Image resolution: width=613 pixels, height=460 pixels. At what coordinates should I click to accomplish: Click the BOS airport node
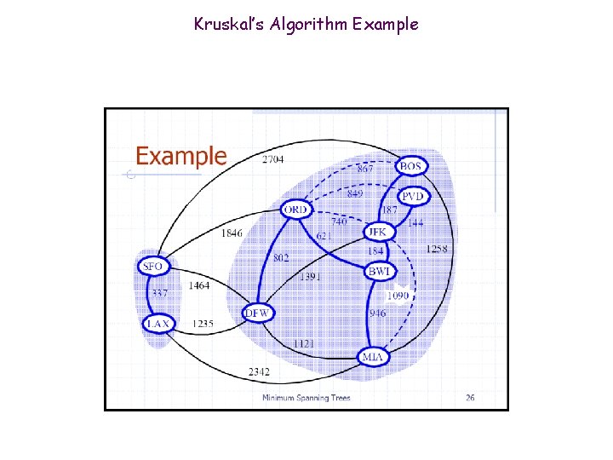[x=411, y=166]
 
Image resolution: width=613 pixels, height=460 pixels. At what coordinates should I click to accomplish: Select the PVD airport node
[x=413, y=196]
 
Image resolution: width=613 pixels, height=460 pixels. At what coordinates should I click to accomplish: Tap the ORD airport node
[x=295, y=210]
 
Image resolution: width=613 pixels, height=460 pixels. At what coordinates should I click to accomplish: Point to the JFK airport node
[x=375, y=232]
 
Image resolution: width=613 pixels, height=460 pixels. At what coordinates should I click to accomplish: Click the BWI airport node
[x=379, y=271]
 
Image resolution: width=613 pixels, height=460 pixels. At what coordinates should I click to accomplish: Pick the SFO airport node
[x=152, y=267]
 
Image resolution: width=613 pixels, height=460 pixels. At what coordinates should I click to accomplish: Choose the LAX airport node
[x=158, y=324]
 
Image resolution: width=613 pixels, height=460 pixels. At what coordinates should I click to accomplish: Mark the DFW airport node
[x=257, y=313]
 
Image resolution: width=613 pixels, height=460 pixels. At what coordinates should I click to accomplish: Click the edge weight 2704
[x=273, y=159]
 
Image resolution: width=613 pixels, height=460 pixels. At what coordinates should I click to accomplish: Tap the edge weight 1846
[x=232, y=233]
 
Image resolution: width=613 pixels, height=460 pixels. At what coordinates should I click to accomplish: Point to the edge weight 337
[x=159, y=294]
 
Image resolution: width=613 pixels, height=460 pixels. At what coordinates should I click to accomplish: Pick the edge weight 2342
[x=260, y=371]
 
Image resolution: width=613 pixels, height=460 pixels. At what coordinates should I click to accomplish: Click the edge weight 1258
[x=437, y=249]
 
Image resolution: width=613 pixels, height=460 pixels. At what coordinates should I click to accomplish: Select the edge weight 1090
[x=398, y=296]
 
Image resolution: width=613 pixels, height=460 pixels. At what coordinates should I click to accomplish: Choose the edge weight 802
[x=282, y=256]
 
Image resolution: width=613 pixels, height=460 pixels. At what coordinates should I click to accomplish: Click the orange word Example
[x=181, y=157]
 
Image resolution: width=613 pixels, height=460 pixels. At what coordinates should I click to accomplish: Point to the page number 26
[x=470, y=397]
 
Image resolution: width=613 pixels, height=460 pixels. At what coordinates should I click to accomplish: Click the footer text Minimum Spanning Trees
[x=306, y=398]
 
